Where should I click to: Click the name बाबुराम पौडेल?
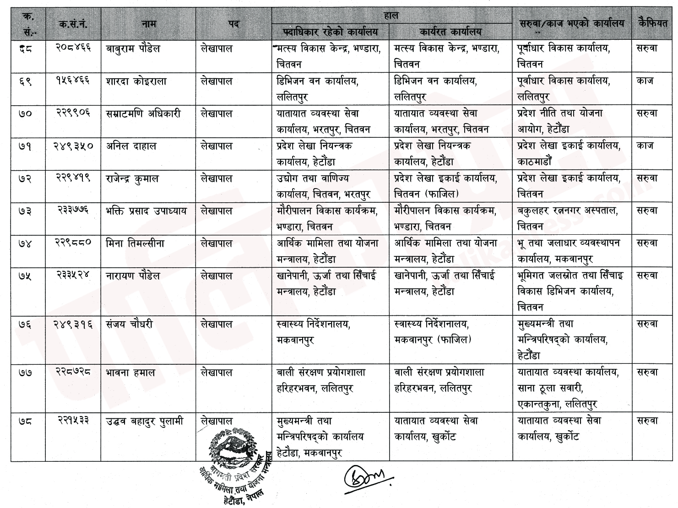point(133,49)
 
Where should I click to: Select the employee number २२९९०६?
point(73,113)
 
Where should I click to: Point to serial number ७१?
point(26,146)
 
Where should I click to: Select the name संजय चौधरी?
point(129,324)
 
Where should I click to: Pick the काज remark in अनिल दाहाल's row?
point(645,146)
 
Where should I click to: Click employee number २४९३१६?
point(73,324)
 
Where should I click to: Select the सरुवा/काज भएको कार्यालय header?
point(572,24)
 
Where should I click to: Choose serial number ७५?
point(26,276)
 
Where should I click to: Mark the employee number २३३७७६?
point(73,211)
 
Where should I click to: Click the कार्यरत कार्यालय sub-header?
point(450,32)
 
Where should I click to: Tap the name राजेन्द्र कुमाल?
point(132,178)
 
